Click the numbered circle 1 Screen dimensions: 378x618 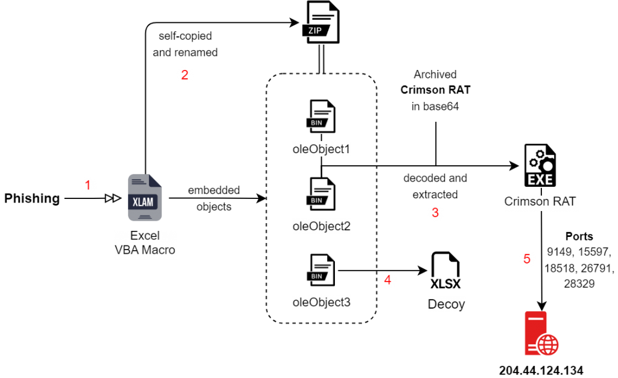[88, 185]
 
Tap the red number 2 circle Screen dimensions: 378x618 [185, 75]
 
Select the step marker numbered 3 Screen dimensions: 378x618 [435, 213]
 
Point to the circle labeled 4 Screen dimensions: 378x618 [388, 280]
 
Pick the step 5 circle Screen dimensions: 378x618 [527, 259]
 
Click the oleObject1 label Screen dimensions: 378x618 [321, 149]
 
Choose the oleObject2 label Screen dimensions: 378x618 [321, 227]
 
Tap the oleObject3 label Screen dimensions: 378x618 [321, 302]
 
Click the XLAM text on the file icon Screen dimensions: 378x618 [142, 202]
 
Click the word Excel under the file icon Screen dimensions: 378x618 [145, 236]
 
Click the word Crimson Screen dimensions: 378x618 [527, 202]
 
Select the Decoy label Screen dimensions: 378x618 [447, 304]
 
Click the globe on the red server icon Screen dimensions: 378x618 [548, 345]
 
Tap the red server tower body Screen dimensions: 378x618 [534, 329]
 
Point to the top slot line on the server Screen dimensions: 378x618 [535, 317]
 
